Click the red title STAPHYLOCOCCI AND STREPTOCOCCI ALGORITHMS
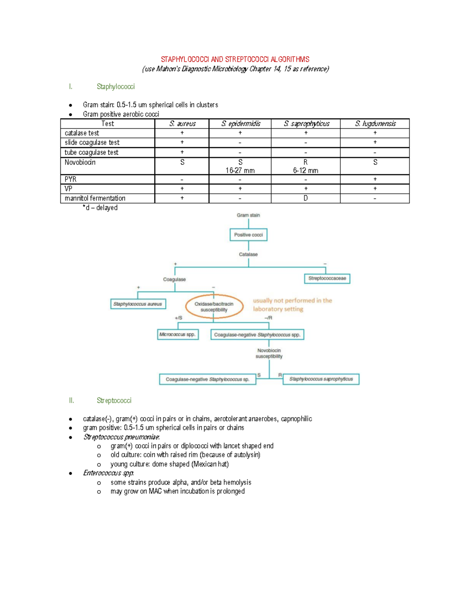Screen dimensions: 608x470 click(x=235, y=60)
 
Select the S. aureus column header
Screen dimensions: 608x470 click(x=182, y=124)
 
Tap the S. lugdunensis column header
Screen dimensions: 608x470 click(x=375, y=124)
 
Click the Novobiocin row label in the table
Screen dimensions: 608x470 click(x=80, y=162)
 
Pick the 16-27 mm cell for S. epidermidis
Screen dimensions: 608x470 click(x=240, y=171)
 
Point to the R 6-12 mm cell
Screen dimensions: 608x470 click(x=305, y=166)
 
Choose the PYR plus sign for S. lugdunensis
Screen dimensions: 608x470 click(x=375, y=179)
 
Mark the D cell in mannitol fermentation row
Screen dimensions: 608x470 click(x=305, y=198)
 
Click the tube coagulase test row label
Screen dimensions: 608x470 click(x=91, y=153)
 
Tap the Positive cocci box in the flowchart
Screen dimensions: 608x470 click(x=248, y=235)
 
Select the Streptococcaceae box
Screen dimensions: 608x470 click(x=327, y=278)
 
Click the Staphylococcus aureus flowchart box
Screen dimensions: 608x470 click(x=138, y=304)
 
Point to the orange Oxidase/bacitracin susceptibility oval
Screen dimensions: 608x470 click(x=214, y=307)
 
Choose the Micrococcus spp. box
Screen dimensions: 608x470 click(x=177, y=335)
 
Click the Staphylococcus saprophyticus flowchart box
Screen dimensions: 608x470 click(x=321, y=379)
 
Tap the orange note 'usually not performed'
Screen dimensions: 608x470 click(x=292, y=305)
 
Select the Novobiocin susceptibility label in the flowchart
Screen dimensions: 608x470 click(x=269, y=354)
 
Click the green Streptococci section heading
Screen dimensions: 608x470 click(x=114, y=401)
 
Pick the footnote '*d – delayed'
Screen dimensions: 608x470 click(x=100, y=208)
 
